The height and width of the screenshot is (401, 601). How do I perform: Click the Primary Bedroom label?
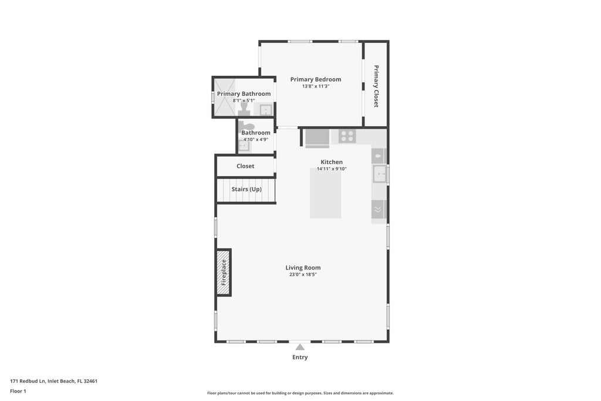[x=316, y=79]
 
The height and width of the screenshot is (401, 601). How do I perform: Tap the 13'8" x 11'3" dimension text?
[x=316, y=86]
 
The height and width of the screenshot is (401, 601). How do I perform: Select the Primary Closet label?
[x=376, y=86]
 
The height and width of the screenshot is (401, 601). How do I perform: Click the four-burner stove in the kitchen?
[x=347, y=136]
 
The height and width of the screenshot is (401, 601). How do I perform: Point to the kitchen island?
[x=326, y=193]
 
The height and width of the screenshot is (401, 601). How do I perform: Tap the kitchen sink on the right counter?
[x=379, y=174]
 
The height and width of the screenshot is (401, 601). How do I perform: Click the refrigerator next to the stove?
[x=318, y=138]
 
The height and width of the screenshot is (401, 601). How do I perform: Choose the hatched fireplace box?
[x=224, y=272]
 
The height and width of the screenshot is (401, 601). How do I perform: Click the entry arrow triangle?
[x=300, y=347]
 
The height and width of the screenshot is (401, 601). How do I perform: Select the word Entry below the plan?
[x=300, y=357]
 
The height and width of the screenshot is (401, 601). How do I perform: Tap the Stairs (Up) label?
[x=247, y=189]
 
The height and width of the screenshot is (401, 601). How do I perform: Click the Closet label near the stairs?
[x=245, y=166]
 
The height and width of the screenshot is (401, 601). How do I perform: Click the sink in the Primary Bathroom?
[x=266, y=110]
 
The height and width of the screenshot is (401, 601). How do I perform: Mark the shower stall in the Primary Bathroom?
[x=224, y=97]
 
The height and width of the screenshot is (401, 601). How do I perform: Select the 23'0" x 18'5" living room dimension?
[x=303, y=274]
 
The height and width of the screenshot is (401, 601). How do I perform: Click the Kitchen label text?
[x=332, y=162]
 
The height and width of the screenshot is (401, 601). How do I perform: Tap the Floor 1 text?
[x=18, y=391]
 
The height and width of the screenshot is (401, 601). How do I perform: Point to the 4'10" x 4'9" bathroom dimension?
[x=256, y=140]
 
